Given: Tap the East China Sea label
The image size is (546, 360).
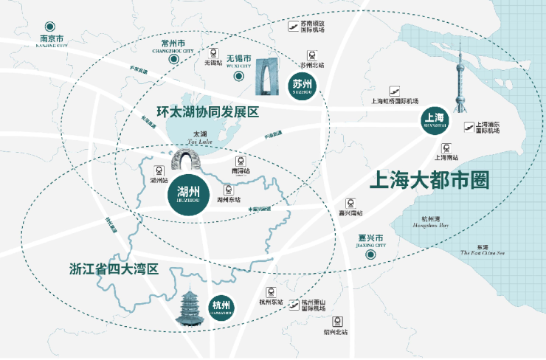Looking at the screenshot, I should point(482,249).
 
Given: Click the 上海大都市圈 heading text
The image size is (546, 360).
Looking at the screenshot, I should point(429,179).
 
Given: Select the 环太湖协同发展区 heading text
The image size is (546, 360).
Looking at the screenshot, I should point(208,112).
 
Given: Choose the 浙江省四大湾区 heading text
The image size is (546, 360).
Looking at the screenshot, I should point(114,269).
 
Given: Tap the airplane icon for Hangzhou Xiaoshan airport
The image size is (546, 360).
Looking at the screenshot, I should point(295,302).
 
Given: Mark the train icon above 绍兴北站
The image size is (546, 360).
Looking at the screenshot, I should point(339,321).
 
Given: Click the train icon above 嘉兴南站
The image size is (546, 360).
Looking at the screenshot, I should point(351,203).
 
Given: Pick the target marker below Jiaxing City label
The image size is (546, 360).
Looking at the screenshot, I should point(372,254).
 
